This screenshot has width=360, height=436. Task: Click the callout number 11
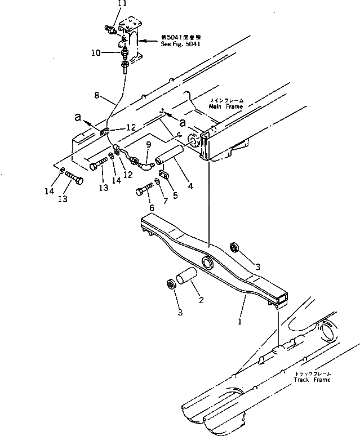click(x=123, y=5)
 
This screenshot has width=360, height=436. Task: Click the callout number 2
click(x=201, y=300)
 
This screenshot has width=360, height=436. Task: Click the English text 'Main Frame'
click(x=210, y=106)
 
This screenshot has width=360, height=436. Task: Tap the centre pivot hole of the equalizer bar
click(x=207, y=263)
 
